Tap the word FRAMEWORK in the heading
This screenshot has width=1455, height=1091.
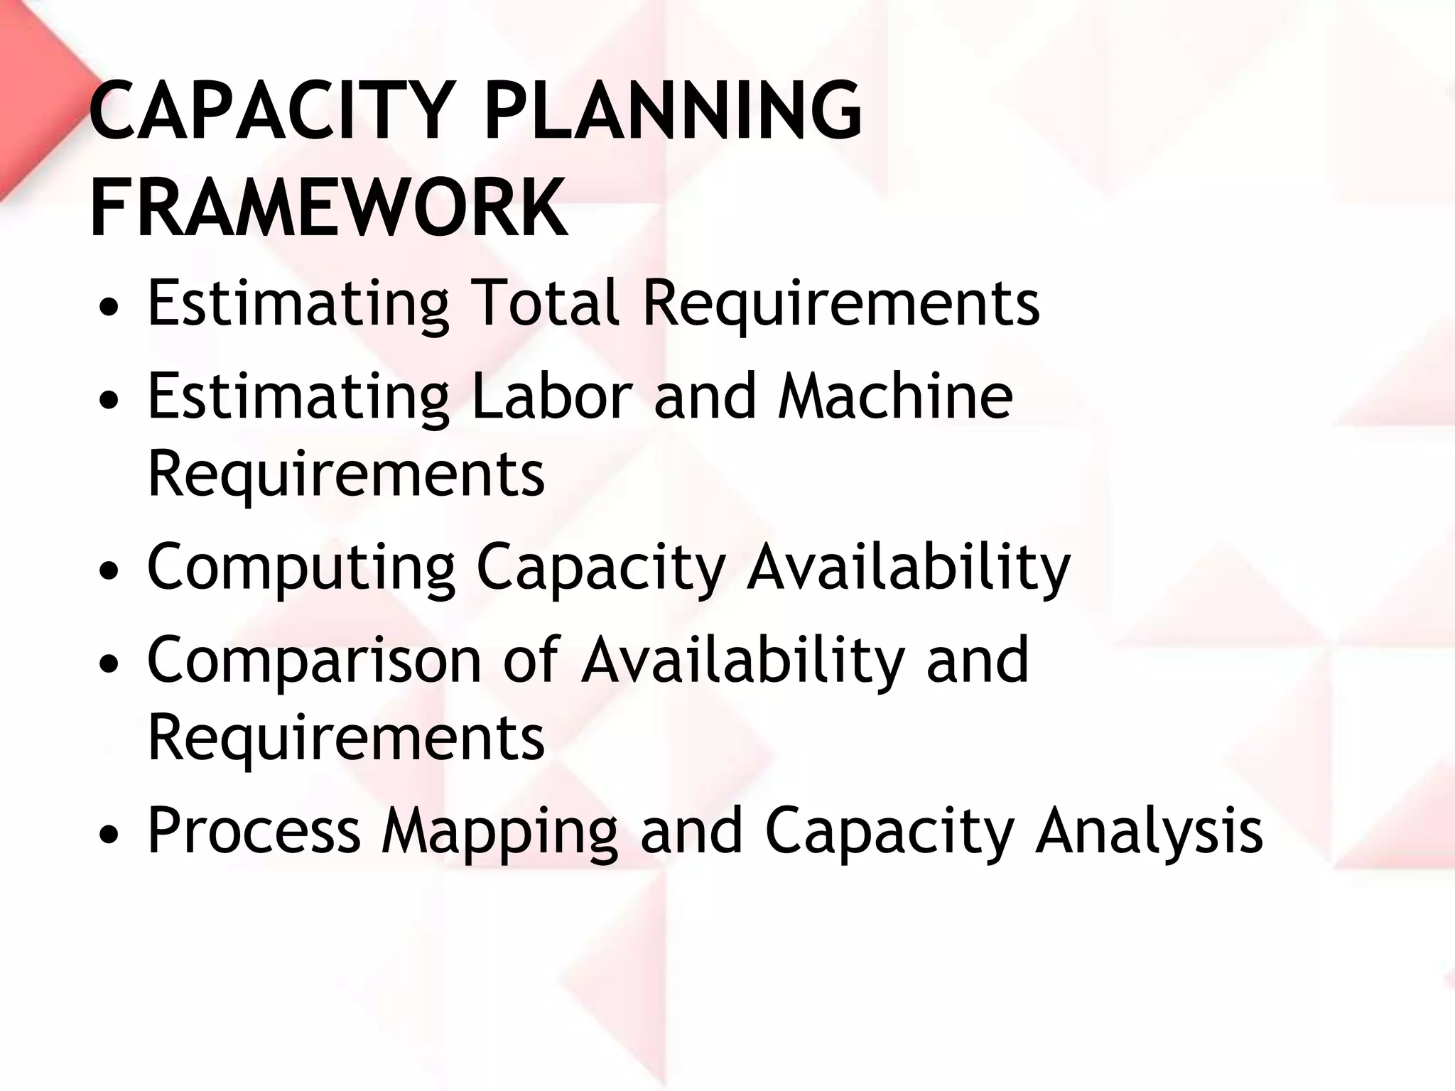[328, 207]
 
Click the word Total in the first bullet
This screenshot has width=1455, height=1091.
[544, 303]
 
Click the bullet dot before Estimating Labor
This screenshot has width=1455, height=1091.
[109, 402]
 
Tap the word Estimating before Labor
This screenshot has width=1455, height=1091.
[298, 398]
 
